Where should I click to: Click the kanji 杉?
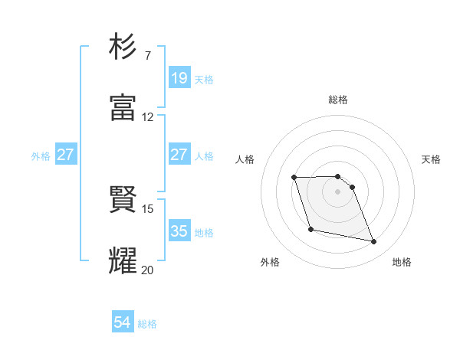[123, 47]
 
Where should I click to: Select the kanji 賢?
[123, 200]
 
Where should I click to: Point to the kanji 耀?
[123, 260]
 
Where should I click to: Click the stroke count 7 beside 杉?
[147, 56]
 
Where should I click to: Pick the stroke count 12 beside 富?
[148, 117]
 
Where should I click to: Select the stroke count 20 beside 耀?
[148, 270]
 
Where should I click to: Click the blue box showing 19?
[179, 78]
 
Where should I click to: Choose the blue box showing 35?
[179, 231]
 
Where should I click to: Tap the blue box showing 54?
[123, 323]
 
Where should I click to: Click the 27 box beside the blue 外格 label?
[65, 155]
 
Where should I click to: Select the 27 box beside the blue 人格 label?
[179, 155]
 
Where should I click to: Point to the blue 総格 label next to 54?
[147, 324]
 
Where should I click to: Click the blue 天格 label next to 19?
[204, 79]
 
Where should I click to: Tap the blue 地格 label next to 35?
[204, 232]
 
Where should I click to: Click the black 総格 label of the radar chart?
[338, 100]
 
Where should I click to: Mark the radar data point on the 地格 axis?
[374, 242]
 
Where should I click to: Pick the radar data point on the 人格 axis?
[294, 178]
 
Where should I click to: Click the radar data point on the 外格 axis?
[310, 229]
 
